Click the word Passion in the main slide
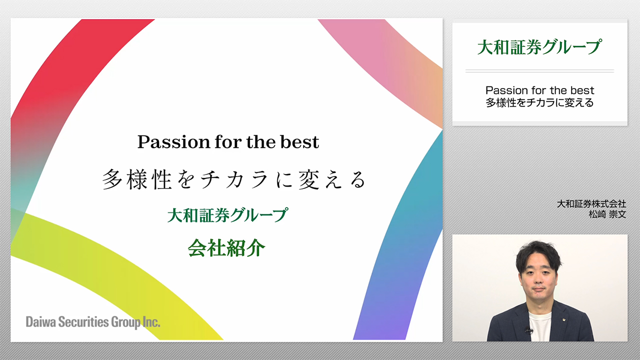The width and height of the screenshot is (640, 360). coord(173,142)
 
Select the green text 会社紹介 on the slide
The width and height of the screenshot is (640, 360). coord(226,247)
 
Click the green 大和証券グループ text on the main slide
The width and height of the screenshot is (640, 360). coord(227,215)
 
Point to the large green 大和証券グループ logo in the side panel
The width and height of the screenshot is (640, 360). coord(539,47)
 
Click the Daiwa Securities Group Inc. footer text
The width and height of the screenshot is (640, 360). coord(93,322)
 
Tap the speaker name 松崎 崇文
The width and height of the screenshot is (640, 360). coord(607,214)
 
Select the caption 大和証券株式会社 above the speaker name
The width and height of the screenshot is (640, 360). coord(591,203)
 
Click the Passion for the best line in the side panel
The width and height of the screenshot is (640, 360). coord(539,90)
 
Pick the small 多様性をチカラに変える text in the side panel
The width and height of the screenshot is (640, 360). coord(539,102)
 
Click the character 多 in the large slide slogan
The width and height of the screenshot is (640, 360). coord(112,179)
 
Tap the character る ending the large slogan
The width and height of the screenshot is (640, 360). coord(358,180)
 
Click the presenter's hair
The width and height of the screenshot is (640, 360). coord(538,253)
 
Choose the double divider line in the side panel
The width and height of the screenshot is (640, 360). coord(539,71)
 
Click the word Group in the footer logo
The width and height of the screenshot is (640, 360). coord(125,322)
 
